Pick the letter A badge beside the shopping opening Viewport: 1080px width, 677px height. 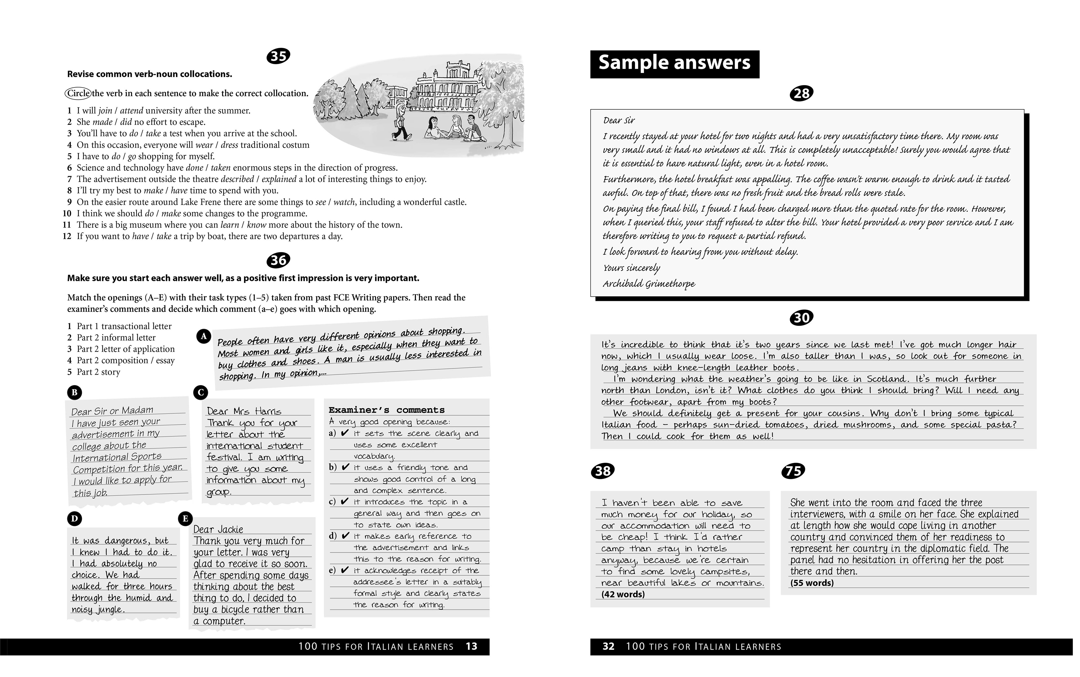coord(204,336)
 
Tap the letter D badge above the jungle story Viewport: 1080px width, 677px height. coord(74,519)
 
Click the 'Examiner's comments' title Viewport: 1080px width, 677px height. coord(386,410)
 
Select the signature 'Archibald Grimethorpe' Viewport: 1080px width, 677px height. coord(649,284)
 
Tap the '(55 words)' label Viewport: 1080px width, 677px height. coord(812,583)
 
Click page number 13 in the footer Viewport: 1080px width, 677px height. coord(471,647)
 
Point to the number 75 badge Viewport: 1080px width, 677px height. coord(793,471)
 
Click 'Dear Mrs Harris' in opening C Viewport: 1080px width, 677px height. coord(244,411)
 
